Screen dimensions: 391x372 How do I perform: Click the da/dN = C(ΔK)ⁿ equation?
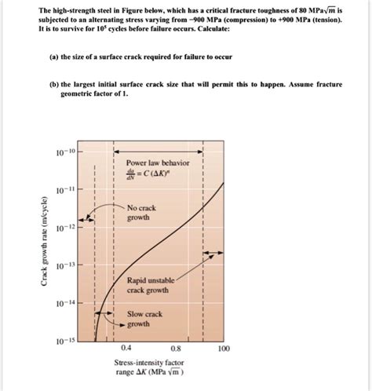pyautogui.click(x=150, y=175)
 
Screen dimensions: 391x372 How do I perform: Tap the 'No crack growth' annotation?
pyautogui.click(x=141, y=212)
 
